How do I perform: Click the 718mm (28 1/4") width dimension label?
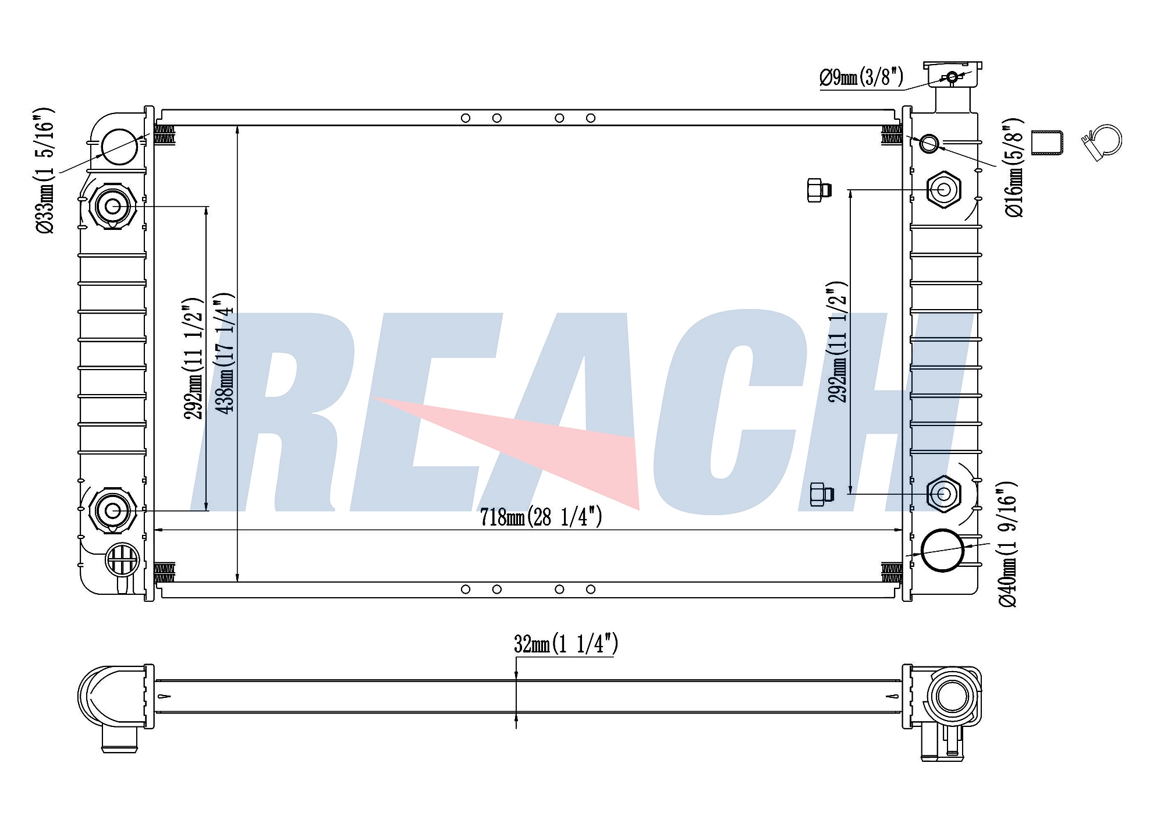[x=541, y=517]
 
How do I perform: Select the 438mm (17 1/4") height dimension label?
[x=225, y=353]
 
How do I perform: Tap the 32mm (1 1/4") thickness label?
[x=566, y=644]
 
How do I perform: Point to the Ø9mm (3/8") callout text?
[x=861, y=77]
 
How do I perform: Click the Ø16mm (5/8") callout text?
[x=1014, y=168]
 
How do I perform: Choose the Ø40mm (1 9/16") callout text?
[x=1007, y=545]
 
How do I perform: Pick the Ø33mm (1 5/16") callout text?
[x=45, y=171]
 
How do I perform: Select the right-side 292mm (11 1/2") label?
[x=837, y=342]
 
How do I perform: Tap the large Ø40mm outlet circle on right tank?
[x=942, y=550]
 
